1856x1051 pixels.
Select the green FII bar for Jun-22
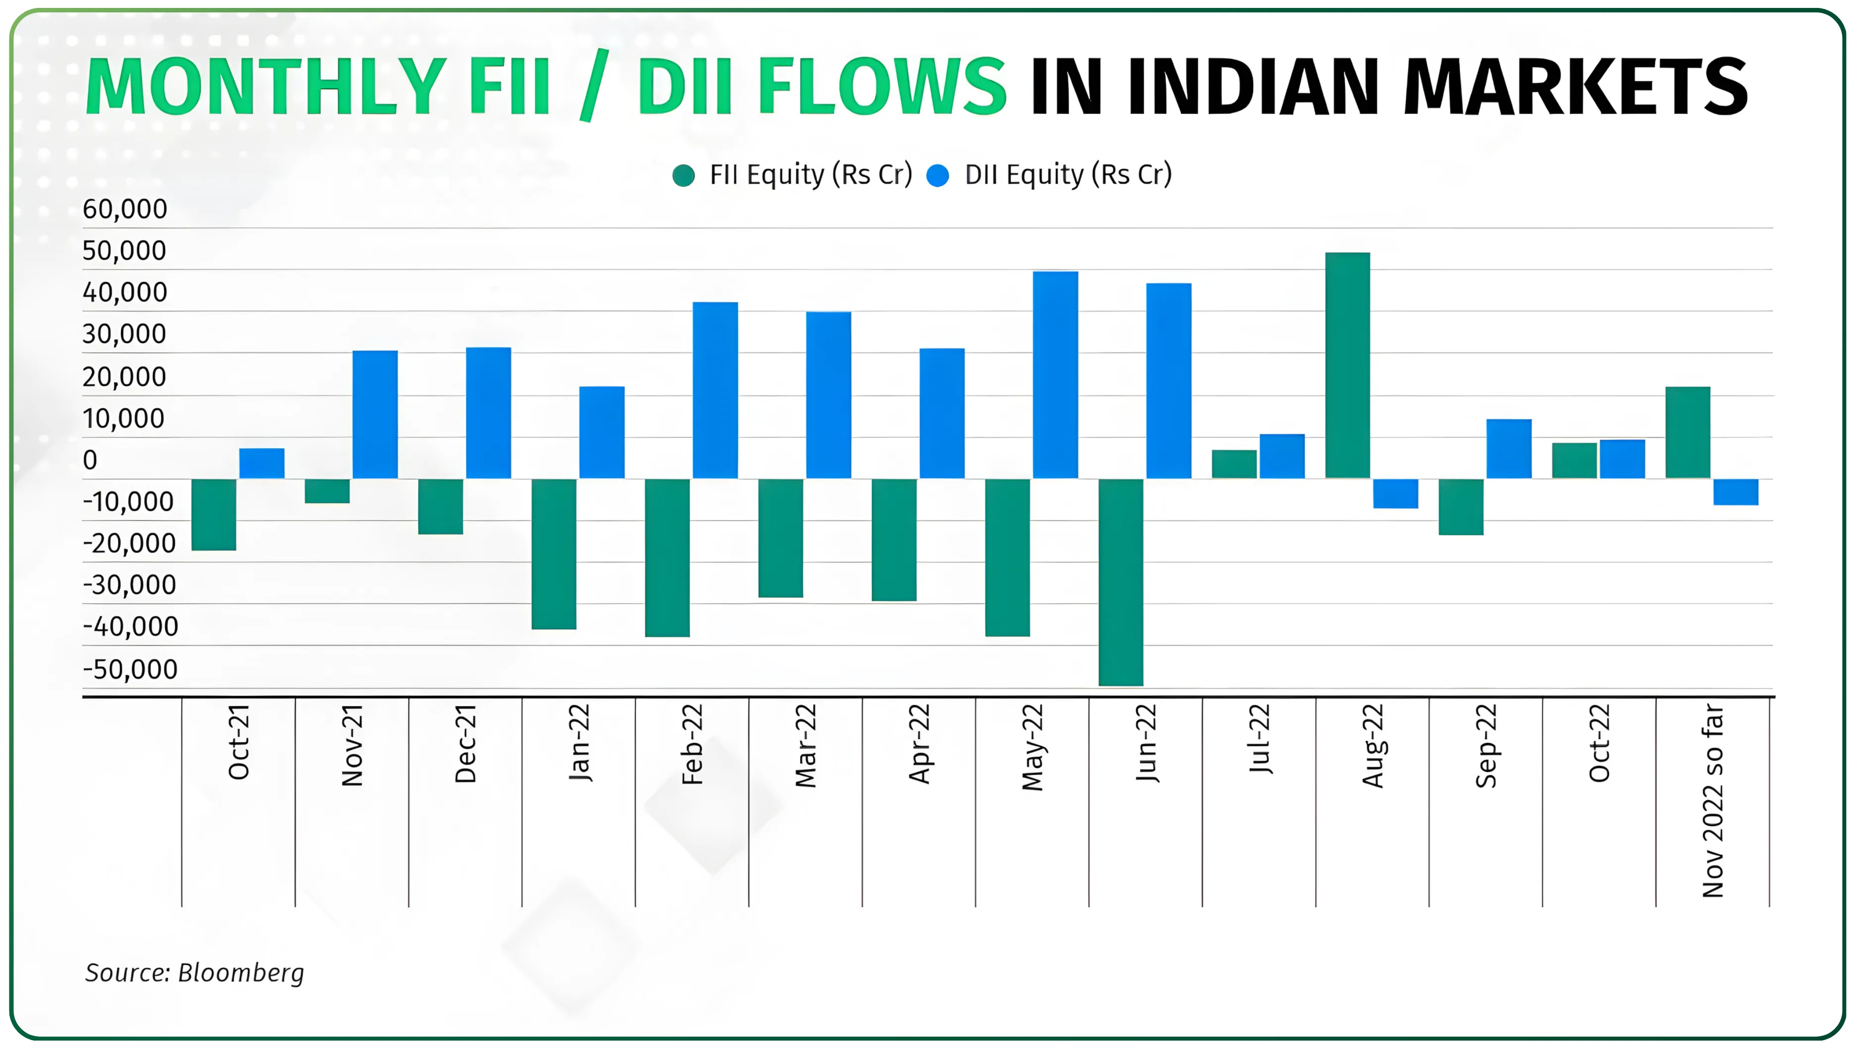tap(1120, 582)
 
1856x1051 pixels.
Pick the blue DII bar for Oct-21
tap(261, 463)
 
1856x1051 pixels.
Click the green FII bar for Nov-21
tap(327, 491)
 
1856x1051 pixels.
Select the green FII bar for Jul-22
tap(1234, 464)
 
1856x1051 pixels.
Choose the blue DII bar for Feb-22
tap(715, 390)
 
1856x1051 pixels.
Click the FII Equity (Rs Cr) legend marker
tap(683, 175)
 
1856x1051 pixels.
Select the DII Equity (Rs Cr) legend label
tap(1068, 175)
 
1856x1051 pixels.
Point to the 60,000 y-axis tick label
tap(125, 209)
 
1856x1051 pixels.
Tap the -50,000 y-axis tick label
tap(130, 669)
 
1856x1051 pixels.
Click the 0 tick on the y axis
tap(90, 460)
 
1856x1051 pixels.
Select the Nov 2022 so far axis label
tap(1712, 801)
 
